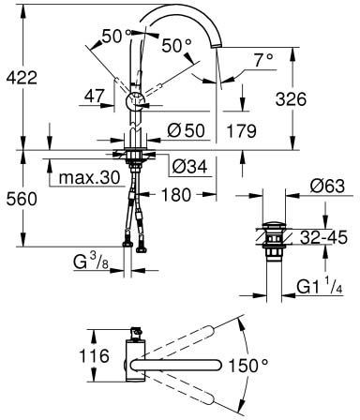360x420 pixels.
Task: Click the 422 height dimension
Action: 22,78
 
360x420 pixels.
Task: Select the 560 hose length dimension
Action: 22,199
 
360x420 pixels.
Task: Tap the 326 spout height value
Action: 291,99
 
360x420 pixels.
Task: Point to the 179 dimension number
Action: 242,130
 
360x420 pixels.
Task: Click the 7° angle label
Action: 263,60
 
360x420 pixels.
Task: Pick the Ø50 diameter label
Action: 186,130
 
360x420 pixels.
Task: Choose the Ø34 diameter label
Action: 189,166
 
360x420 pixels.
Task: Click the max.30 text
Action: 89,178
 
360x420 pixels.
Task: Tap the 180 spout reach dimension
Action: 176,194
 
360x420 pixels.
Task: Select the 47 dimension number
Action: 94,96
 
